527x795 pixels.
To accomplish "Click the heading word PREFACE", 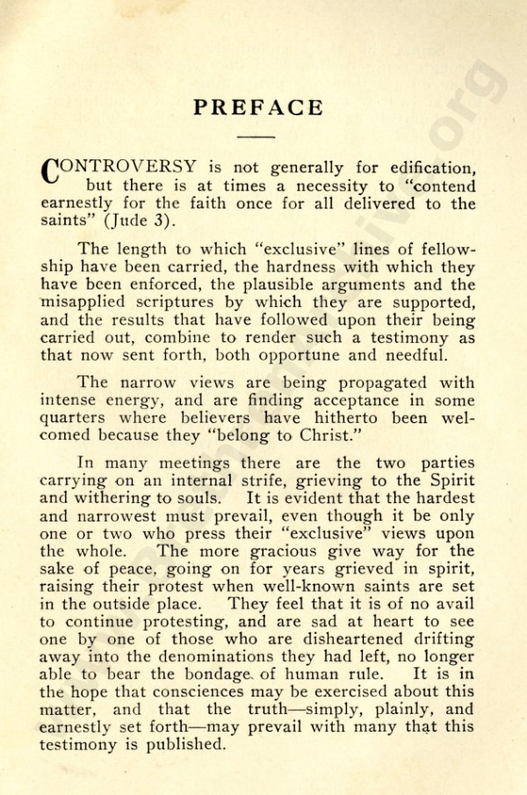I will pyautogui.click(x=258, y=107).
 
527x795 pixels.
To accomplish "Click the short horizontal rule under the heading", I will pyautogui.click(x=256, y=136).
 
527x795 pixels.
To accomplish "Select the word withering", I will pyautogui.click(x=124, y=499).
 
